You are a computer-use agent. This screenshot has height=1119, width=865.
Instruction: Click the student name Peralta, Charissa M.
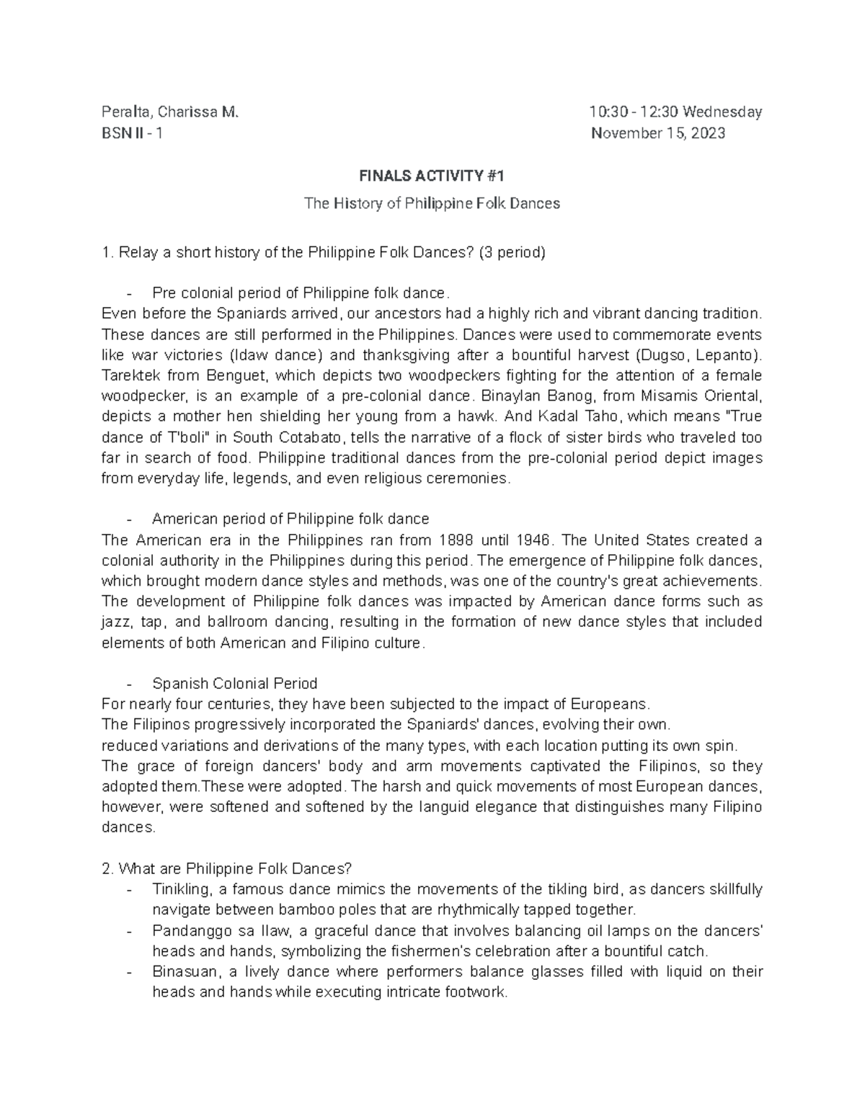(x=169, y=112)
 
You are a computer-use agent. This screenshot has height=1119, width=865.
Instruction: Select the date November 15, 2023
(x=658, y=133)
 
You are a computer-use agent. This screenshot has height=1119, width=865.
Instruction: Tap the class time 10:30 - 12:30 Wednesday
(x=675, y=112)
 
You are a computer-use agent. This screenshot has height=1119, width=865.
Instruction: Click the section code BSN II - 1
(x=133, y=133)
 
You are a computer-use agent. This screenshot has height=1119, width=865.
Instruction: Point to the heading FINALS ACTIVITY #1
(x=432, y=176)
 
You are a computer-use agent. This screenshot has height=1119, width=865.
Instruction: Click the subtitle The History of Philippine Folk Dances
(x=432, y=203)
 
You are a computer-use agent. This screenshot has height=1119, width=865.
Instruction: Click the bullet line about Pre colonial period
(x=301, y=293)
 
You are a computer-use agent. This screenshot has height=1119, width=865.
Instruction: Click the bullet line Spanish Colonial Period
(x=234, y=683)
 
